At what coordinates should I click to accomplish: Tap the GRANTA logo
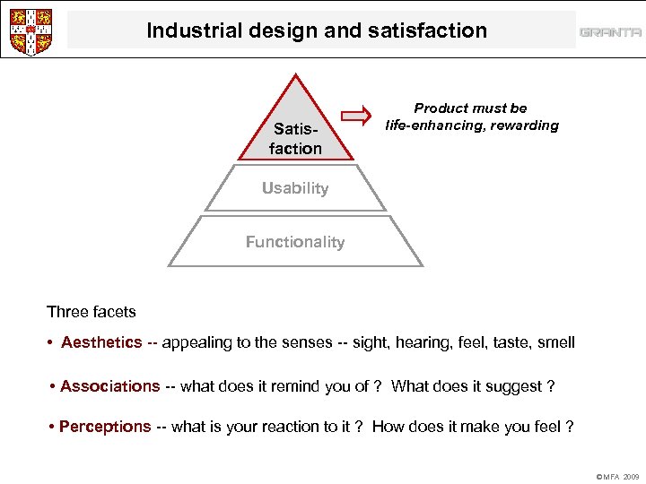(610, 32)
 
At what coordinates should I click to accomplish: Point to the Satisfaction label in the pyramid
(295, 139)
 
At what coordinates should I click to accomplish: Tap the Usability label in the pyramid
(295, 188)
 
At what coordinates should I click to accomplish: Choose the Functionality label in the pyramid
(295, 242)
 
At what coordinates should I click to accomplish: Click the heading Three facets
(92, 312)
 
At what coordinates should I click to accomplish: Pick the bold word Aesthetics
(101, 342)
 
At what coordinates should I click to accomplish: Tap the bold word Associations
(109, 386)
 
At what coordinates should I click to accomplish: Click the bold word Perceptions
(105, 427)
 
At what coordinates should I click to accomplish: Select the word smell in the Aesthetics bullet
(555, 342)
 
